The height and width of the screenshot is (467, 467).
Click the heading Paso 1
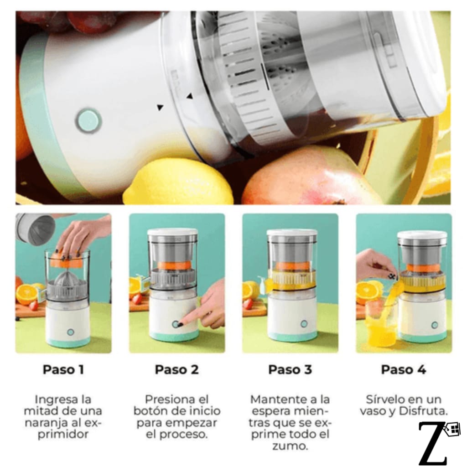(x=63, y=369)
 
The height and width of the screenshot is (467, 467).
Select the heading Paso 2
(x=176, y=369)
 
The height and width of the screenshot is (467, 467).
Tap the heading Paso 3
(x=290, y=369)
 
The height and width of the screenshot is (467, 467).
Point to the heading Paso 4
(x=404, y=369)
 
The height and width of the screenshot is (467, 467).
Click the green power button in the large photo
(x=88, y=121)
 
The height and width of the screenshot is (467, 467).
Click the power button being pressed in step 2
(x=176, y=324)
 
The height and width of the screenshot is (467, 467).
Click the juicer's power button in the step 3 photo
(x=304, y=324)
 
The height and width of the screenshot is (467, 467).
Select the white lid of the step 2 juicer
(x=173, y=232)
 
